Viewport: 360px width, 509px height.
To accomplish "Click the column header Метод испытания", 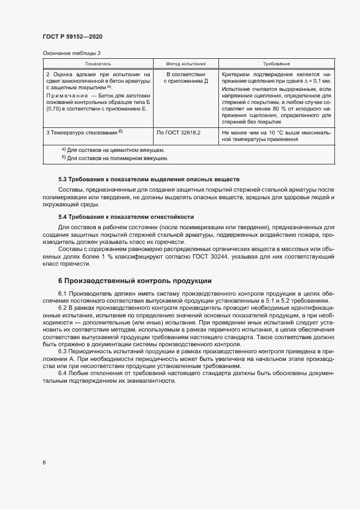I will (185, 64).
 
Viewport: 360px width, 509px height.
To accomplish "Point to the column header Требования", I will (276, 64).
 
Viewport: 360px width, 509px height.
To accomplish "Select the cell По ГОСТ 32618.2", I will (179, 132).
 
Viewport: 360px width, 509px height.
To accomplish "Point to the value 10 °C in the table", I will (279, 132).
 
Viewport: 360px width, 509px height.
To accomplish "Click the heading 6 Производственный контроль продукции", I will (135, 281).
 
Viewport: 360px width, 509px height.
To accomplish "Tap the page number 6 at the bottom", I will (44, 463).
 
